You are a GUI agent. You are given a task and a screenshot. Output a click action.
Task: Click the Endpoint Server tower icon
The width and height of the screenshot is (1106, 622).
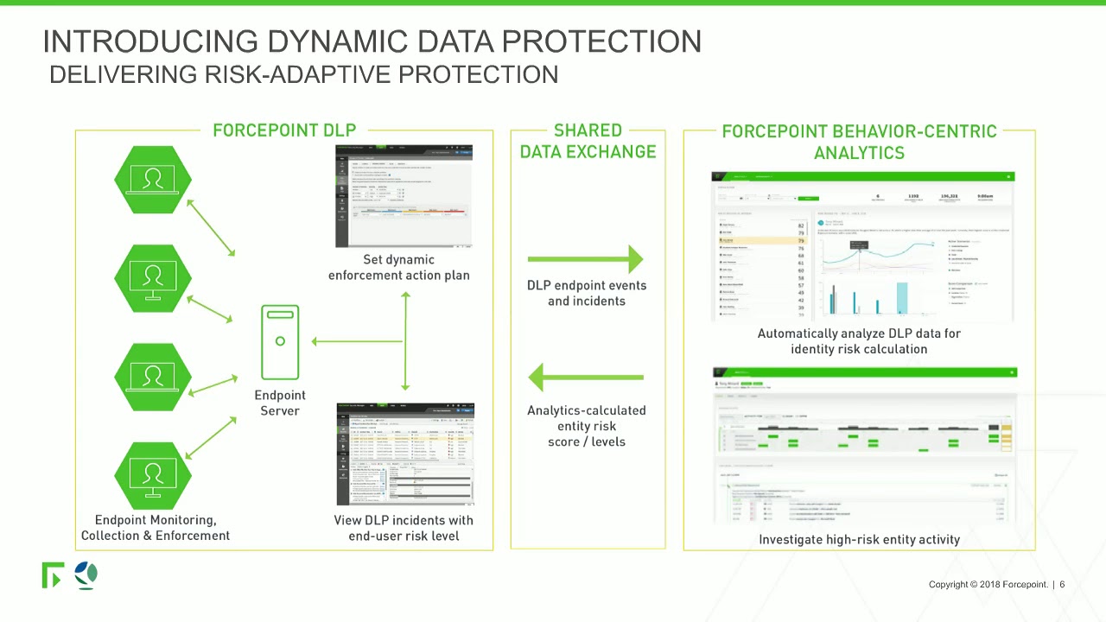click(x=280, y=342)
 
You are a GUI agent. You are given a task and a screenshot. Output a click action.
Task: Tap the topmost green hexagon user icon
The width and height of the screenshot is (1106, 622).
click(x=153, y=180)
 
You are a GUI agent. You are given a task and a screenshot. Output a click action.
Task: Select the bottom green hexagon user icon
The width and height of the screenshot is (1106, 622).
click(x=153, y=476)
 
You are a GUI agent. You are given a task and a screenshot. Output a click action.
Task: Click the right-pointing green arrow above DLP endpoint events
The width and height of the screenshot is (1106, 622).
click(x=586, y=258)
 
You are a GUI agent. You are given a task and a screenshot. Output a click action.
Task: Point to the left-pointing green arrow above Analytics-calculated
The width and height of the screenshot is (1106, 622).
click(x=586, y=378)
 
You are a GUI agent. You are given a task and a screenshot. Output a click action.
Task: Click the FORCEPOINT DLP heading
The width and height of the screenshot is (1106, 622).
click(x=284, y=130)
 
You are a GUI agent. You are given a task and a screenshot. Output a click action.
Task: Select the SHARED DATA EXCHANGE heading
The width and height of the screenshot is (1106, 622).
click(x=588, y=141)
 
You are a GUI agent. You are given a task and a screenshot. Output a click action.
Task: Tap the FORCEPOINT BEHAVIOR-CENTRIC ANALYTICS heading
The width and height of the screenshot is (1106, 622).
click(x=859, y=143)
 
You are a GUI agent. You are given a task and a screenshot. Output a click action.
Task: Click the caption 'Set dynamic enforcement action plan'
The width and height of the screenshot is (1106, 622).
click(x=399, y=267)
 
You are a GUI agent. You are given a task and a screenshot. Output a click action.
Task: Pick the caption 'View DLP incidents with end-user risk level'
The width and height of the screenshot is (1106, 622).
click(x=404, y=528)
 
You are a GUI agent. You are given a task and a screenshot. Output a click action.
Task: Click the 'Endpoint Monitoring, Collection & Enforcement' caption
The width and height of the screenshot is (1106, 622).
click(x=156, y=528)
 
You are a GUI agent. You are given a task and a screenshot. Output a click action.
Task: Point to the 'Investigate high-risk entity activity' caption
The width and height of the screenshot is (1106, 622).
click(x=859, y=539)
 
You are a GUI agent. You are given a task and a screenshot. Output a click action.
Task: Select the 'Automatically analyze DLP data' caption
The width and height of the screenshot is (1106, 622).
click(x=859, y=341)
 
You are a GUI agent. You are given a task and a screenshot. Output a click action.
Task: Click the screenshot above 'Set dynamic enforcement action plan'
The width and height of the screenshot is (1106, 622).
click(x=404, y=196)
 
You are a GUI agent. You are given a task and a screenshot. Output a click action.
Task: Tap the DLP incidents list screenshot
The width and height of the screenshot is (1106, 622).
click(x=404, y=454)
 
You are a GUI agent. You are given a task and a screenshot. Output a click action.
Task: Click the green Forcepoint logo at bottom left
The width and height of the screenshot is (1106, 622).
click(x=52, y=574)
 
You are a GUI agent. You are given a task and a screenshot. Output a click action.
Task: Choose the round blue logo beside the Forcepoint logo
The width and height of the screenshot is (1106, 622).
click(x=86, y=574)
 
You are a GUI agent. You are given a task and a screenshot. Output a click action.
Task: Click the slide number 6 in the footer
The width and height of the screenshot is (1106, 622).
click(x=1062, y=585)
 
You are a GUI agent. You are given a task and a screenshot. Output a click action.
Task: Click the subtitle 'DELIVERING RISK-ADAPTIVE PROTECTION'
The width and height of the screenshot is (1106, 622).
click(x=303, y=74)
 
